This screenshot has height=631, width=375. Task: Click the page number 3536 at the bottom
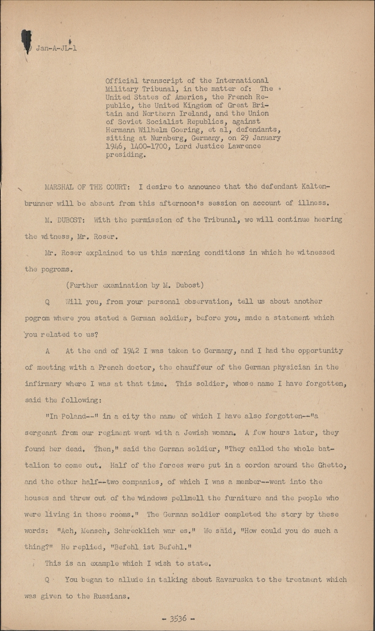pos(178,618)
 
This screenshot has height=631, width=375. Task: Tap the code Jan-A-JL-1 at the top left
pos(56,48)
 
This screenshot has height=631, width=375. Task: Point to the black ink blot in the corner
pos(27,41)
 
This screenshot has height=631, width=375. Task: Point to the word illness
pos(314,203)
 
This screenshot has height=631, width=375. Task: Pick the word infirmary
pos(43,383)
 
